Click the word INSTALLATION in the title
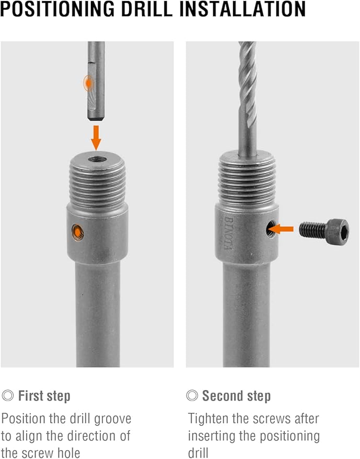[x=242, y=9]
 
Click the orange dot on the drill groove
[x=88, y=84]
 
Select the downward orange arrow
[x=96, y=137]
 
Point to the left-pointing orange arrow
[x=281, y=229]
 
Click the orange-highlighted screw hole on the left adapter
[x=78, y=232]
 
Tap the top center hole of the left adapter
[x=98, y=159]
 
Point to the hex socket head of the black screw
[x=338, y=231]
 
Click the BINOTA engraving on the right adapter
[x=228, y=233]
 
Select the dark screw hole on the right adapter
[x=271, y=229]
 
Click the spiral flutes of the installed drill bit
[x=248, y=84]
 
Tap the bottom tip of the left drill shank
[x=96, y=119]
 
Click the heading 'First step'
[x=44, y=396]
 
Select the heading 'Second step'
[x=236, y=396]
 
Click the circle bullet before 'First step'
[x=8, y=396]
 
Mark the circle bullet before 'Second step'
[x=192, y=396]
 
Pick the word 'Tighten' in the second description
[x=208, y=419]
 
